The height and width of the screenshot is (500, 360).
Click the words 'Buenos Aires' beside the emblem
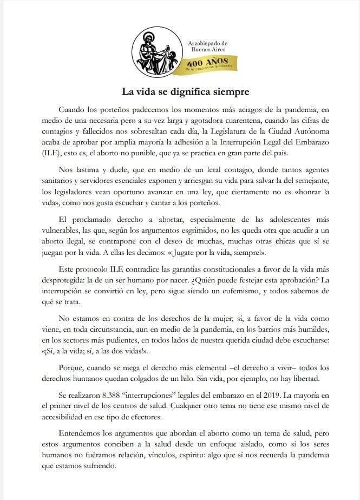click(207, 49)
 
